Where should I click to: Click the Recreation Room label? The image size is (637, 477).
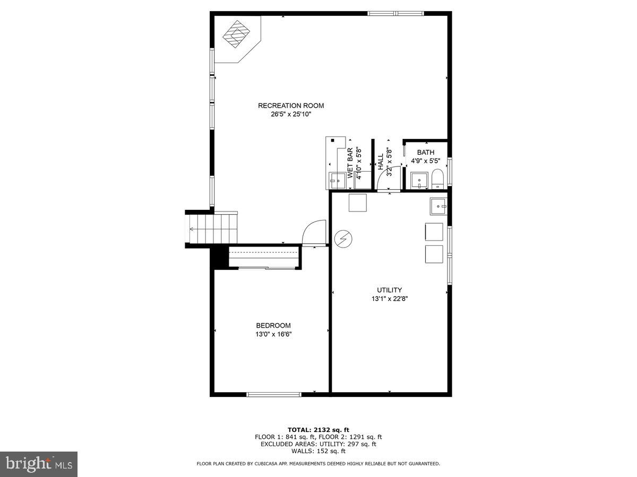click(x=291, y=105)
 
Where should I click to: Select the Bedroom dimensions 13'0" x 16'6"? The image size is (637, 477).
click(x=273, y=334)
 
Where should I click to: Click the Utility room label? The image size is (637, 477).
click(x=390, y=290)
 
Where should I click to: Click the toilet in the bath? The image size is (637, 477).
click(x=437, y=179)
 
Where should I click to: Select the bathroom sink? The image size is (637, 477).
click(x=420, y=180)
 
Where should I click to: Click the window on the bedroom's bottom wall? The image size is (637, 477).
click(x=274, y=394)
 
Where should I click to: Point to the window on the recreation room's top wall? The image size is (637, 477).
click(x=396, y=13)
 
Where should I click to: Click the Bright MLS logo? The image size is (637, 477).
click(x=39, y=464)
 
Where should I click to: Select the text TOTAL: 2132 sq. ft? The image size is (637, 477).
click(x=318, y=429)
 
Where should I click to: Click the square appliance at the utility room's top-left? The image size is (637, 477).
click(x=357, y=203)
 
